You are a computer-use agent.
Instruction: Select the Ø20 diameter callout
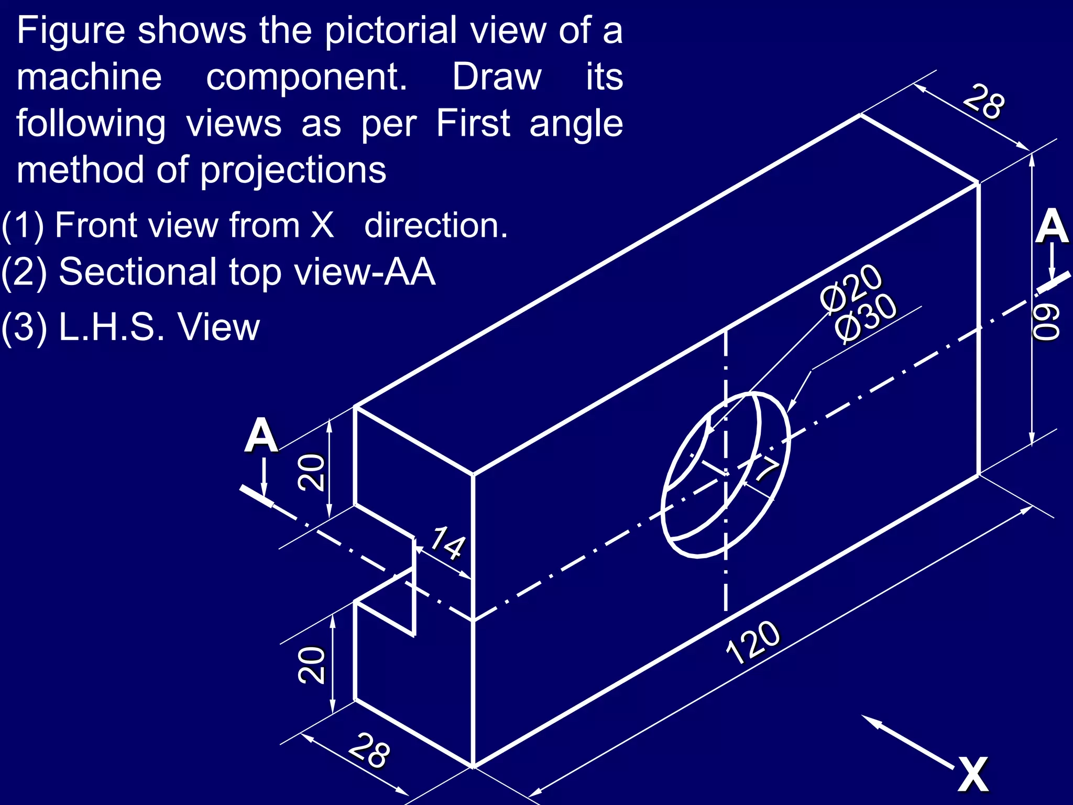pos(851,288)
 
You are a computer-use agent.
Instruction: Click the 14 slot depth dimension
pos(447,543)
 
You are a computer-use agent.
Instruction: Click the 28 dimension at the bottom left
pos(370,750)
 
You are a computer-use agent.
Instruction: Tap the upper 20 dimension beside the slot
pos(311,472)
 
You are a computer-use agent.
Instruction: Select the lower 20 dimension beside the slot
pos(311,665)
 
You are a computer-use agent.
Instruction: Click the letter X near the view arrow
pos(973,774)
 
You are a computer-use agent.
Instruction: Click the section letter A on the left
pos(261,436)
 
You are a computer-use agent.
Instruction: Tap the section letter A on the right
pos(1052,226)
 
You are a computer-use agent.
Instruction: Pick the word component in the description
pos(306,77)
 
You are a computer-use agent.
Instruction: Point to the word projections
pos(293,170)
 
